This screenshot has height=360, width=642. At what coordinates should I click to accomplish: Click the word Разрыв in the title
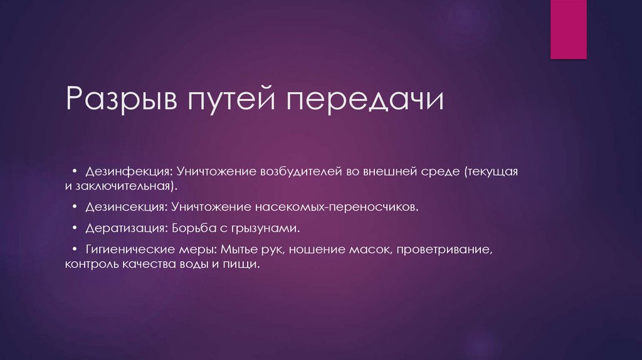(121, 101)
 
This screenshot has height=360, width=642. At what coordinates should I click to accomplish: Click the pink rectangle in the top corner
(568, 29)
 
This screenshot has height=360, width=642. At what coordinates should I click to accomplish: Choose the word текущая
(492, 171)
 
